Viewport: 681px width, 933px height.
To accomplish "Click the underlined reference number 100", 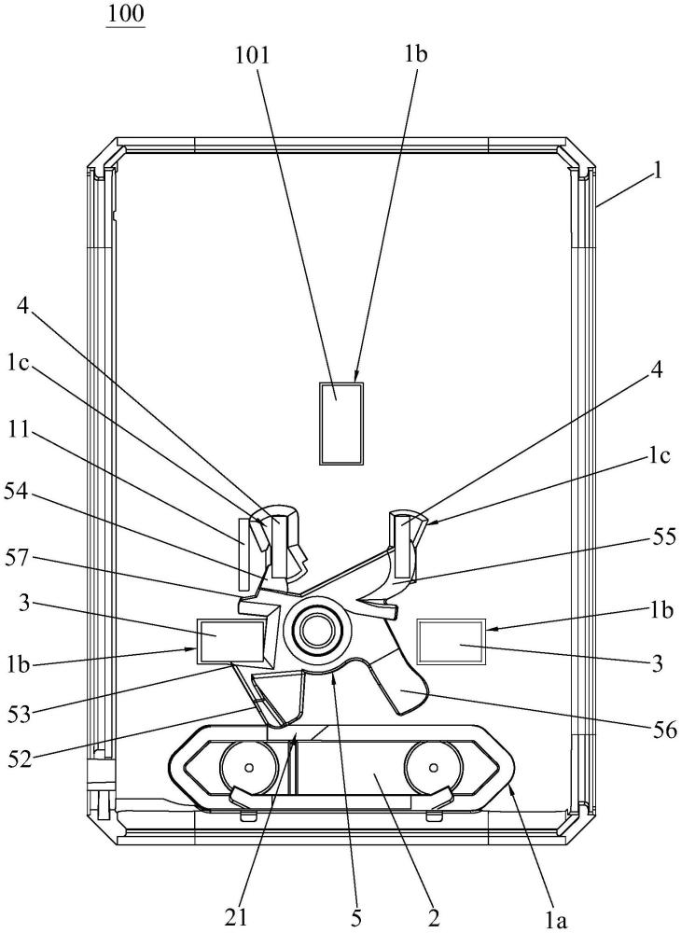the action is [x=126, y=13].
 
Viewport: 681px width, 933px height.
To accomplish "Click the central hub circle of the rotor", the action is [x=315, y=632].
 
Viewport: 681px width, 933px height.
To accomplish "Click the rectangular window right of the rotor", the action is [x=452, y=642].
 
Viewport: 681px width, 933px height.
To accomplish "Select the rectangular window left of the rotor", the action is [x=230, y=641].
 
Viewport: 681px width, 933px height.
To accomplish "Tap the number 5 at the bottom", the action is [x=355, y=918].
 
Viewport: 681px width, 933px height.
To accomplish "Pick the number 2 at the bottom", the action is [x=434, y=917].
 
